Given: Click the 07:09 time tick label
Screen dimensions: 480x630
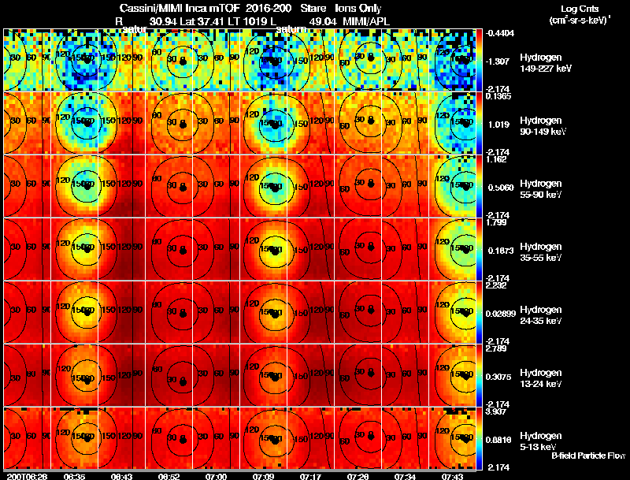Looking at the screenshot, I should pos(264,476).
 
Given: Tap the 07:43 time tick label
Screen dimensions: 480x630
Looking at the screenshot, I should pos(452,476).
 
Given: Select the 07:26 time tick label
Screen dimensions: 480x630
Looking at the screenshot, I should pos(358,476).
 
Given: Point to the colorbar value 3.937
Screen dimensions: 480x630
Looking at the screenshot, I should pos(498,411).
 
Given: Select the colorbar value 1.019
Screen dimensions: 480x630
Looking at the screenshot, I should pos(498,125).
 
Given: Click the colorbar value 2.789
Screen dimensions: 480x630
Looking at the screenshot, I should pos(498,348).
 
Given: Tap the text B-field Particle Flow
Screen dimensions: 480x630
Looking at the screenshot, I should pos(588,456).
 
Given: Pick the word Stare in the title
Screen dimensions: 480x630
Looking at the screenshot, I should pos(313,8).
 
